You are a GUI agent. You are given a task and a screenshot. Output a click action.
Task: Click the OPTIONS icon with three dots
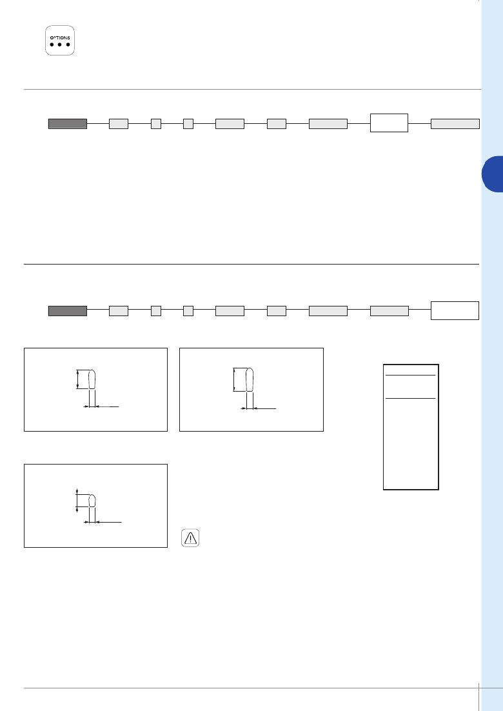60,41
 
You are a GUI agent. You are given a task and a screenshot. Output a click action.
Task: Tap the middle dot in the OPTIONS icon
60,45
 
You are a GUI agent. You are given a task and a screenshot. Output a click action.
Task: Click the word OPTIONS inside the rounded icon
60,37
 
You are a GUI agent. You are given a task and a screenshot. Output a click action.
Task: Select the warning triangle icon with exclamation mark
190,538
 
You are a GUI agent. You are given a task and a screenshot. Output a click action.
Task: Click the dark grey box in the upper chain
68,124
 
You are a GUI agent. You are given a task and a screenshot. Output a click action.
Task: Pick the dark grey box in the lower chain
68,310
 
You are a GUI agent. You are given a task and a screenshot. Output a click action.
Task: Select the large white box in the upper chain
390,123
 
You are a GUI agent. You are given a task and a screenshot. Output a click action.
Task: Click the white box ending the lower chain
455,310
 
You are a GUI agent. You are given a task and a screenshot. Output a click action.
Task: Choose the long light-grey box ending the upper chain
455,124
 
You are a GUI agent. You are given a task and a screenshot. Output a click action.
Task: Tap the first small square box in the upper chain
156,124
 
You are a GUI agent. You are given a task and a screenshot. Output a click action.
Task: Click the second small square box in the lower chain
188,310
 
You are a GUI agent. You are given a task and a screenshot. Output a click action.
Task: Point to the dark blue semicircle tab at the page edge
493,174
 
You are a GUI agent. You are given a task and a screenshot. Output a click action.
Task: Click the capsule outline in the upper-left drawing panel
92,379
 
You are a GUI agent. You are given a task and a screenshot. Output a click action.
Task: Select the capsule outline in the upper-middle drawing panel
249,379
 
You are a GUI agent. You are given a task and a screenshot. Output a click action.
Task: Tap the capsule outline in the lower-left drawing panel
92,500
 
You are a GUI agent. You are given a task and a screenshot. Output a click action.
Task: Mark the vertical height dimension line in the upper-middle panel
234,379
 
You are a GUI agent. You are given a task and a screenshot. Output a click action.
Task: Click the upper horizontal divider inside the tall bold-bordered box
411,375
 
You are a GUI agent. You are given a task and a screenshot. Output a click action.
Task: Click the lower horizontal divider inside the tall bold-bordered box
411,398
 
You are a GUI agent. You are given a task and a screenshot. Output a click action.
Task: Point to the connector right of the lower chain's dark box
98,310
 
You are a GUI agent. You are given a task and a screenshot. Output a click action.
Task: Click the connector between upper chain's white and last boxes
420,123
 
